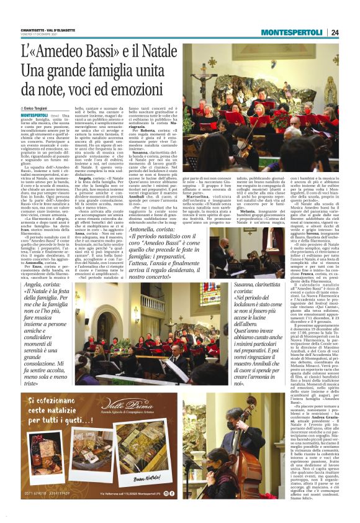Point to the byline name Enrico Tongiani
[42, 109]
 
